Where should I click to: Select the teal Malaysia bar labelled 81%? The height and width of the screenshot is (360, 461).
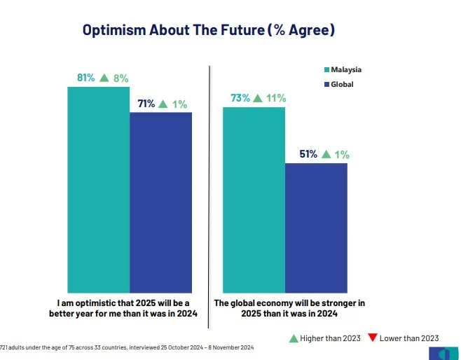[x=98, y=189]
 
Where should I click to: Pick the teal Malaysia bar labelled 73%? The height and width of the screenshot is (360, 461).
[x=254, y=200]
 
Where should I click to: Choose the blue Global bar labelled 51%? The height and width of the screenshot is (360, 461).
[x=316, y=228]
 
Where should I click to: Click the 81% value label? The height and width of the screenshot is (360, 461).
[x=86, y=78]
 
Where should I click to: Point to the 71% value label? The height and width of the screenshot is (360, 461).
[x=146, y=104]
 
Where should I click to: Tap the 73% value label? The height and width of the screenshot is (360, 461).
[x=241, y=99]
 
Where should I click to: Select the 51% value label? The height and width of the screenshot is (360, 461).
[x=308, y=154]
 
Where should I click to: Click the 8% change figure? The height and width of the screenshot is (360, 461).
[x=121, y=78]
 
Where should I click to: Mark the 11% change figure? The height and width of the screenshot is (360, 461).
[x=276, y=99]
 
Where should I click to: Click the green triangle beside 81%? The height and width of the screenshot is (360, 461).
[x=104, y=78]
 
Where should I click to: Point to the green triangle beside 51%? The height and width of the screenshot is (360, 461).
[x=325, y=154]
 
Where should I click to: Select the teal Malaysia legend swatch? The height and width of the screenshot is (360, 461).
[x=326, y=70]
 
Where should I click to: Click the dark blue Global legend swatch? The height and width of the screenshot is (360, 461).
[x=326, y=85]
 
